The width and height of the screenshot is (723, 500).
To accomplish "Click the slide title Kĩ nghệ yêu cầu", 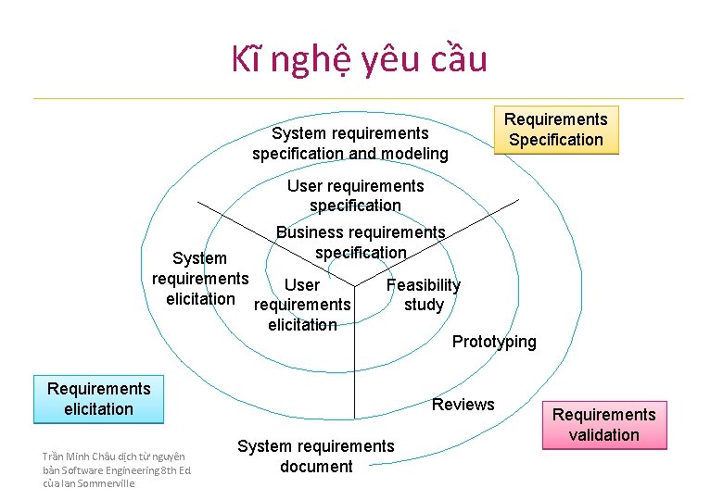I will tap(359, 59).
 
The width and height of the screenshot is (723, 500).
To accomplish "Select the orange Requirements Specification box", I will tap(555, 130).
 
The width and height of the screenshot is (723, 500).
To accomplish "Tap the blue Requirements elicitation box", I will tap(98, 399).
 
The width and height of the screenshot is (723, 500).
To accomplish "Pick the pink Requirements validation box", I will tap(603, 425).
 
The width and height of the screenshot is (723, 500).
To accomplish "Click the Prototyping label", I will tap(494, 342).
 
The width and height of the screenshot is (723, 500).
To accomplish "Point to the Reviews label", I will tap(463, 405).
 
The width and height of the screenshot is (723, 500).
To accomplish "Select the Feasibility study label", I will tap(424, 295).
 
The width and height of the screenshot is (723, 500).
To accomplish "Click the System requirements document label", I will tap(316, 456).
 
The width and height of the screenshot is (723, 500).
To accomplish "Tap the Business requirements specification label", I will tap(361, 243).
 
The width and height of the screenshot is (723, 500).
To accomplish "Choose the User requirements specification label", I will tap(355, 195).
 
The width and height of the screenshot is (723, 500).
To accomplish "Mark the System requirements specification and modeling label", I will tap(350, 144).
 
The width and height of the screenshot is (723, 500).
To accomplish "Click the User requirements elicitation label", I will tap(302, 305).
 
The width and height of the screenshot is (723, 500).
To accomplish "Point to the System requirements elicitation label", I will tap(199, 279).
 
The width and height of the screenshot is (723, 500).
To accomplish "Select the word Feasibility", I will tap(423, 285).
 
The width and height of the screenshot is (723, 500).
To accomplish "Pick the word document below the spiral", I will tap(316, 467).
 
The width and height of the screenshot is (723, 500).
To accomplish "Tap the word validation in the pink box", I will tap(603, 435).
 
